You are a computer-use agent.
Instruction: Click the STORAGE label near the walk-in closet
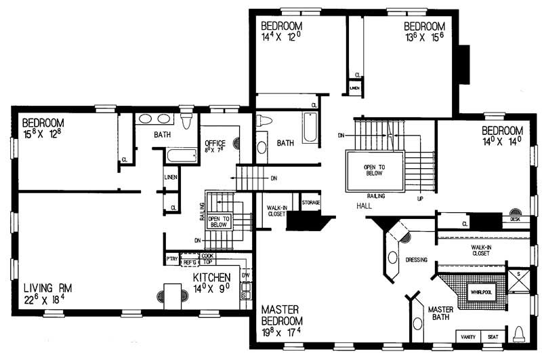311,203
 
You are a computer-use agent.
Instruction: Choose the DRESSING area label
417,259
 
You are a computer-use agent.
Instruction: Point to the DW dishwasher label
245,275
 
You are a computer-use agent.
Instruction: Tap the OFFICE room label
215,144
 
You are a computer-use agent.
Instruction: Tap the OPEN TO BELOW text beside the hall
374,169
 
